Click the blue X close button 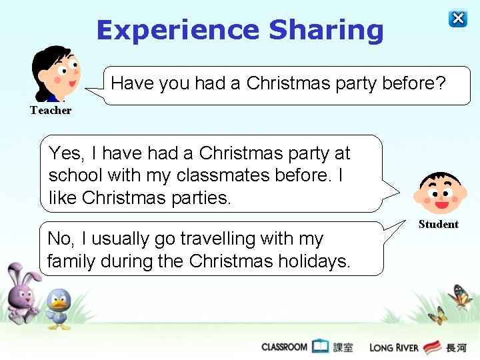458,19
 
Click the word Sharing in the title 326,31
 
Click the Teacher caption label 51,111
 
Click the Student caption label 438,225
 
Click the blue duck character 59,309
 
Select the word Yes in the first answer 66,154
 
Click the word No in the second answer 60,239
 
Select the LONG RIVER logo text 394,347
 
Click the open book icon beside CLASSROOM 321,346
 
